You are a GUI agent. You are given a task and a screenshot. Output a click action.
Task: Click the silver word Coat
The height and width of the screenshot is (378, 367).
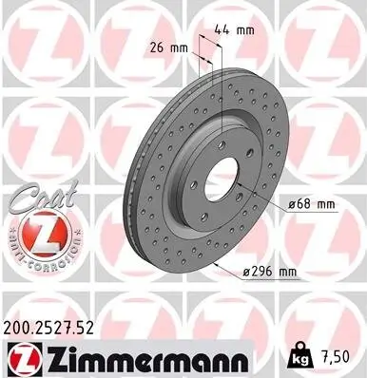[x=34, y=196]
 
